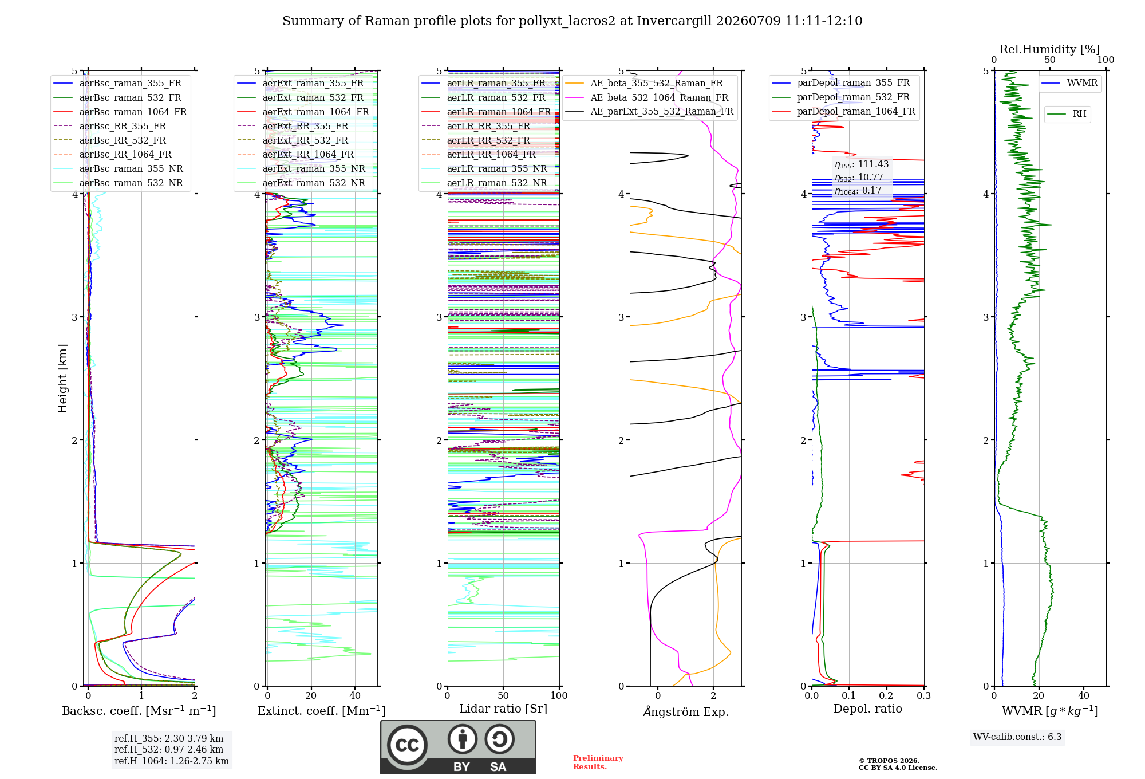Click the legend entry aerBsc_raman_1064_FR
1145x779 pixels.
point(120,112)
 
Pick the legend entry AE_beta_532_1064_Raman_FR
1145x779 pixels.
point(646,97)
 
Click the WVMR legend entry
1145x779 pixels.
point(1070,83)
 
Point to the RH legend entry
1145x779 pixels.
point(1067,114)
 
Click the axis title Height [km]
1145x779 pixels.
point(62,379)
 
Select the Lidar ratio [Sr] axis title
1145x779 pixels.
point(503,709)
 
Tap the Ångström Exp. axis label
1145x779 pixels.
point(686,711)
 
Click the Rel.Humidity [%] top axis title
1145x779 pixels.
point(1050,49)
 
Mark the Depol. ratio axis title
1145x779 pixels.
point(868,709)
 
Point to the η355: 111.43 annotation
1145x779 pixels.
point(862,164)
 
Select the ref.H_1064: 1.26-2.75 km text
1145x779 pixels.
point(172,761)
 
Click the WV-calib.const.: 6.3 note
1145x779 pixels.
point(1017,737)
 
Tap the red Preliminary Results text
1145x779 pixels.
point(598,762)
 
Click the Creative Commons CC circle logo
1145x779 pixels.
point(407,745)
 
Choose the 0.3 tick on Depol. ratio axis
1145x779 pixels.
point(923,695)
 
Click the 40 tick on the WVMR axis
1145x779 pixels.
point(1084,695)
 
